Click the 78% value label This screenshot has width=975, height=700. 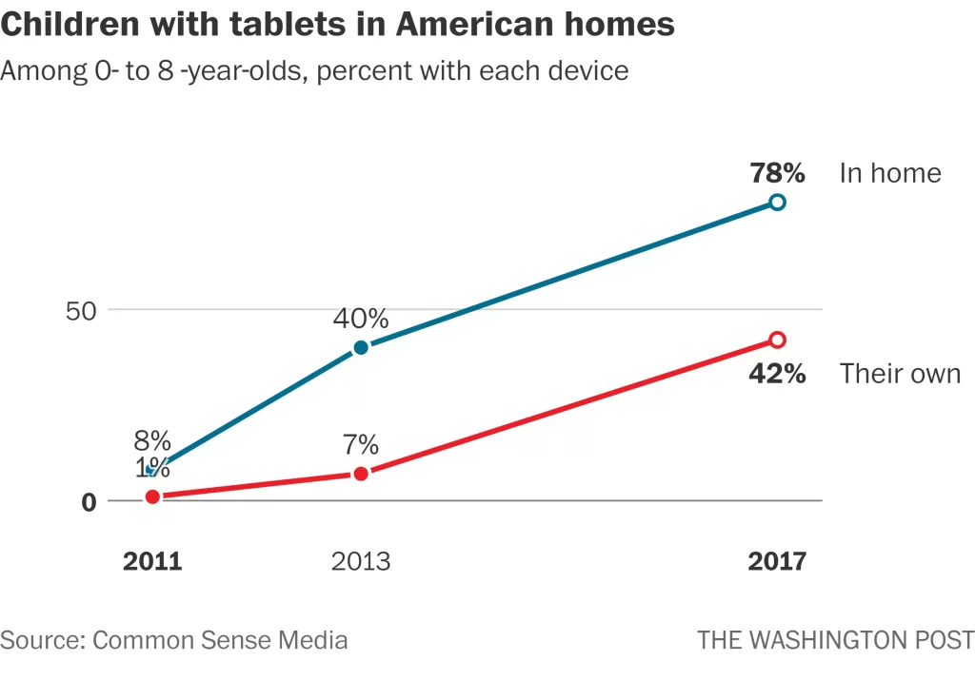tap(777, 173)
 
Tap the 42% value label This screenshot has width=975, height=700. tap(777, 374)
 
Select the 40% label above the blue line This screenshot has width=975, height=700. tap(361, 318)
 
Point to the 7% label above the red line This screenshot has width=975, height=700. tap(361, 444)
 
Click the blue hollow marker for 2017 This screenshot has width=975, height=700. tap(777, 202)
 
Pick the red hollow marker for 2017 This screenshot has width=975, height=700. tap(777, 340)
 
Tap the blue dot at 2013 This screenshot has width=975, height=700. tap(361, 347)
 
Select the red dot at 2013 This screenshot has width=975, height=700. tap(361, 473)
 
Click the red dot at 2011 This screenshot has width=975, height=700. tap(152, 496)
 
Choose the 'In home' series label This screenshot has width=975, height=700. tap(889, 173)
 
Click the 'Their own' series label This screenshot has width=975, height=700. tap(900, 374)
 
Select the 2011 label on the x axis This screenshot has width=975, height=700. tap(152, 561)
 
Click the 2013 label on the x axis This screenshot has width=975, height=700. tap(361, 561)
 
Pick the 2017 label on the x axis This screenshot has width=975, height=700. tap(777, 561)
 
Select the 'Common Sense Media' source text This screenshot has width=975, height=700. tap(220, 640)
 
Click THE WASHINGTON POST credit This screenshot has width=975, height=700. tap(835, 640)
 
